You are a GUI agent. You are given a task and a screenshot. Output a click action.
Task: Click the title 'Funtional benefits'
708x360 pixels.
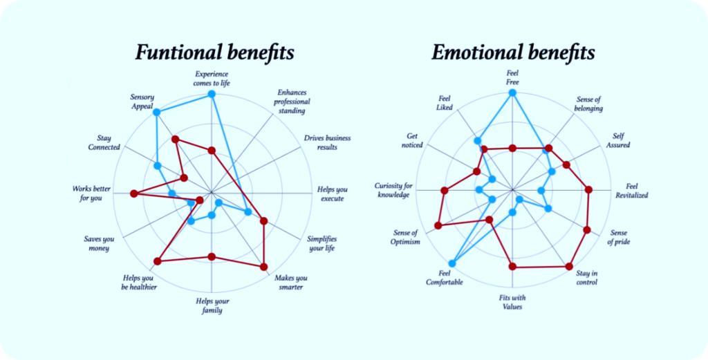pos(214,52)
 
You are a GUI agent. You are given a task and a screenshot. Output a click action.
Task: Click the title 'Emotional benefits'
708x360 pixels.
pos(513,52)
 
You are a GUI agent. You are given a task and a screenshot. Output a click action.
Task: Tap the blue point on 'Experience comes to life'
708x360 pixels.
pos(212,94)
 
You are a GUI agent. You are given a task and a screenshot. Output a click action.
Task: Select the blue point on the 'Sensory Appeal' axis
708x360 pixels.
pos(157,112)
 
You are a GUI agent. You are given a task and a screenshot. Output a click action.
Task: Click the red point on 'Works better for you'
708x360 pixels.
pos(135,193)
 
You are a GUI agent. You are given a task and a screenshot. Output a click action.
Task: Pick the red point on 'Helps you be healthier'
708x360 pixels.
pos(158,260)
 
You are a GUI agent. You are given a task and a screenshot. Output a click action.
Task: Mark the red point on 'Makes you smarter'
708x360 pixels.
pos(263,266)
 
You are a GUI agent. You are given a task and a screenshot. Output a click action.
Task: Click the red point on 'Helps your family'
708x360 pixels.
pos(212,257)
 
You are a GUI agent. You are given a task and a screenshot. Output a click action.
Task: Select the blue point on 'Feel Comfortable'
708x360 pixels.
pos(452,263)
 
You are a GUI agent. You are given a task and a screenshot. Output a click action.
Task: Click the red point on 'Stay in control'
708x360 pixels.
pos(569,266)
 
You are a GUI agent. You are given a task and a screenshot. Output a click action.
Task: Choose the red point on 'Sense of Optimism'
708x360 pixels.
pos(438,225)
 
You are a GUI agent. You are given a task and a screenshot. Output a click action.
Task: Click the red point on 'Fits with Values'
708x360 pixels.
pos(512,266)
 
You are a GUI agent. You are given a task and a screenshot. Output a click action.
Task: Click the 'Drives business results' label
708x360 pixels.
pos(327,142)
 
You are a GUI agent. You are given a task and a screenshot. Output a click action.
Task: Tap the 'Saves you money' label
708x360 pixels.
pos(99,243)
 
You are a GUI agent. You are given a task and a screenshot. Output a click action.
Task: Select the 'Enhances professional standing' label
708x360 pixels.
pos(292,101)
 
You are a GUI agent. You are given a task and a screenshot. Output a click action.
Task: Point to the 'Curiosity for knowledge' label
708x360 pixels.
pos(394,190)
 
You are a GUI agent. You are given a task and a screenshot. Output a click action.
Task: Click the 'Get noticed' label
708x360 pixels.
pos(413,140)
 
